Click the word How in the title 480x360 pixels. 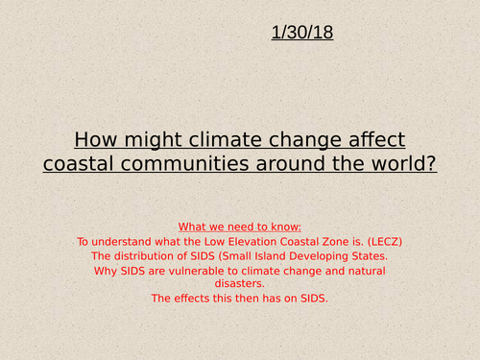(94, 136)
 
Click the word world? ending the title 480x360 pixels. (406, 163)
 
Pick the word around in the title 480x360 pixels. (287, 163)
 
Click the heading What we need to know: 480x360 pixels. (240, 226)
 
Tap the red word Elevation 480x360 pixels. (243, 241)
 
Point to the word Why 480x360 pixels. (107, 271)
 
